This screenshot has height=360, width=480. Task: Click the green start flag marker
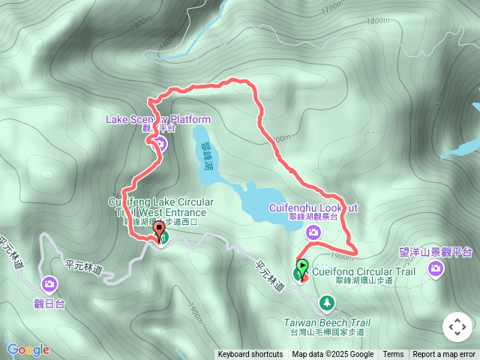point(301,267)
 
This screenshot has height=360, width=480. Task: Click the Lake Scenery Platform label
point(158,119)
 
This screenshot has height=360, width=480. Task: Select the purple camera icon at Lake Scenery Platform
point(158,145)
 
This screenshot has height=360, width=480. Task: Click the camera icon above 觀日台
point(49,283)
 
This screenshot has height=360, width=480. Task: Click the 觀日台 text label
point(49,304)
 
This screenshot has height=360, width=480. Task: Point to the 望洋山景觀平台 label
point(435,252)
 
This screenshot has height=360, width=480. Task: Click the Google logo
point(28,349)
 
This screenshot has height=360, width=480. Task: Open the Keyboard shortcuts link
point(250,355)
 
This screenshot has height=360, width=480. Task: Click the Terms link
point(393,355)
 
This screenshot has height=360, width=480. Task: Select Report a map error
point(444,355)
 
